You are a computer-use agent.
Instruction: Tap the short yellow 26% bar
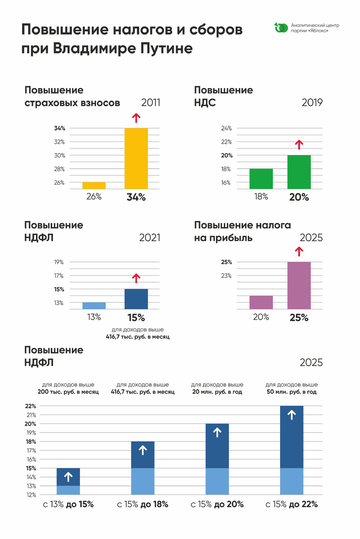[94, 186]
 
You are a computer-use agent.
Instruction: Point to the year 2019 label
[312, 103]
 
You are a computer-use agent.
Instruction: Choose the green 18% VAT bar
[261, 179]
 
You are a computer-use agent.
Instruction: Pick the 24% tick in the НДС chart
[226, 128]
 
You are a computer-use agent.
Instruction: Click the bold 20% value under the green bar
[299, 197]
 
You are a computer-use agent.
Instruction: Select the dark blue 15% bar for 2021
[136, 299]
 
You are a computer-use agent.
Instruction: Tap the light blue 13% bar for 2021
[94, 305]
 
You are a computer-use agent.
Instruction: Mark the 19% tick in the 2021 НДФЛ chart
[59, 262]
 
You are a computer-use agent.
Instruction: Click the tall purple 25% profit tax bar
[299, 285]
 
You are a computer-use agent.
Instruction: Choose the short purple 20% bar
[261, 302]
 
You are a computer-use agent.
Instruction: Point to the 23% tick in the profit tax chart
[226, 276]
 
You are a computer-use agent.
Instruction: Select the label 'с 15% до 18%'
[142, 504]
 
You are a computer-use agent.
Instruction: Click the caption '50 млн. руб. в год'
[292, 392]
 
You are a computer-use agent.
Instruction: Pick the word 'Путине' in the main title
[159, 49]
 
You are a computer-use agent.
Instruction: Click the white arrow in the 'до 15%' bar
[68, 477]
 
